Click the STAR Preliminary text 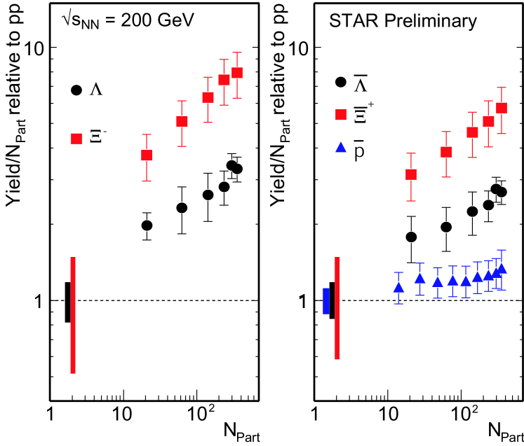[403, 22]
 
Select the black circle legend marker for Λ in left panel [76, 90]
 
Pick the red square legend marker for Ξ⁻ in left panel [76, 138]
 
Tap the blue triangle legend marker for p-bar [341, 148]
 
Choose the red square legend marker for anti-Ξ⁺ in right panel [341, 114]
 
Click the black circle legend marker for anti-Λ [341, 82]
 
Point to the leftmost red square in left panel [147, 155]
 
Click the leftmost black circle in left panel [147, 225]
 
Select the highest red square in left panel [237, 73]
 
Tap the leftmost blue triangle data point [398, 288]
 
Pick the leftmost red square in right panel [411, 174]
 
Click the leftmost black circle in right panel [411, 237]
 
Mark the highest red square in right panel [502, 108]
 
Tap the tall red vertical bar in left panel [73, 315]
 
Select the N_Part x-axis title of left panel [242, 427]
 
